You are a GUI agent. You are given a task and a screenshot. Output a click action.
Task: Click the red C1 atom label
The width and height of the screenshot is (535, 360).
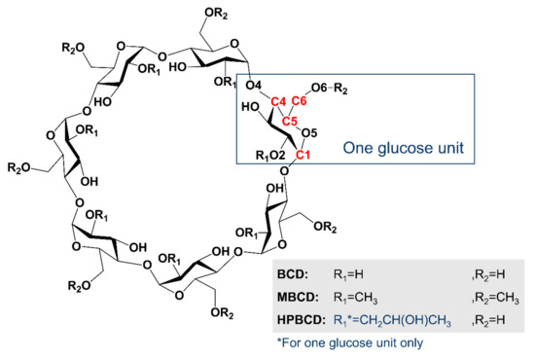(x=303, y=155)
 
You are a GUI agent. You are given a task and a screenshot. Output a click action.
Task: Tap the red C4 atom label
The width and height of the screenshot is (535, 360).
(x=277, y=100)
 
